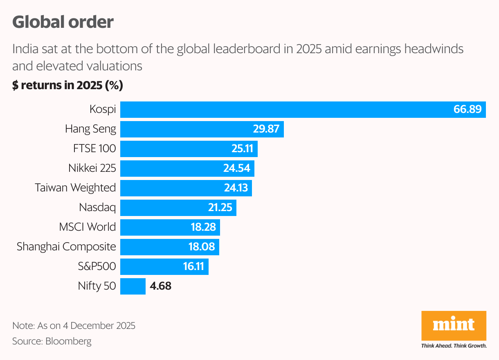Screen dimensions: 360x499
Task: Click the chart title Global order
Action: coord(63,22)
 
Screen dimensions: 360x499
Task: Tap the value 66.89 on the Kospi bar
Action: coord(468,110)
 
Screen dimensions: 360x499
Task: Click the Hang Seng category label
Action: coord(90,129)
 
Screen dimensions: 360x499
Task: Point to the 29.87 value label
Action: coord(266,129)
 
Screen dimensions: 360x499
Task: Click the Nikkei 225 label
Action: coord(92,168)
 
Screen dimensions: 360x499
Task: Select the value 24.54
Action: coord(237,168)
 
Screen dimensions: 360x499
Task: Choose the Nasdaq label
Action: coord(97,207)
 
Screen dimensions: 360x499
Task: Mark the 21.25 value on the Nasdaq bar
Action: coord(220,207)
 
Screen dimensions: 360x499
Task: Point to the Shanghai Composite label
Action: coord(66,247)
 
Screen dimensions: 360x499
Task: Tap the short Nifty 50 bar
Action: coord(133,286)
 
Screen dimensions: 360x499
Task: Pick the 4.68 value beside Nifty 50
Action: coord(160,286)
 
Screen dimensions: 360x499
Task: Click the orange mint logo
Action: coord(454,326)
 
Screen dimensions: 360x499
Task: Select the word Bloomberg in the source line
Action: coord(68,341)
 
